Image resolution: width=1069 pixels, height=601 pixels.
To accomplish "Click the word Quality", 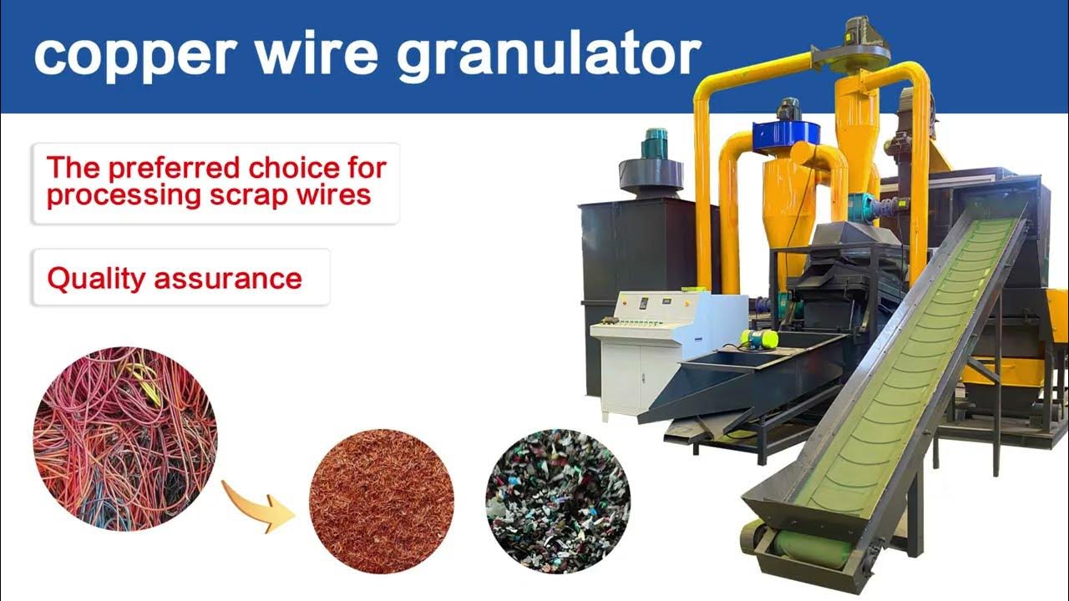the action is [96, 280].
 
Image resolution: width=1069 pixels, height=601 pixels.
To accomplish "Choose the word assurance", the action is [228, 280].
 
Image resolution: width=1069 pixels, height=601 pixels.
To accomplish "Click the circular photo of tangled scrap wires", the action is [125, 439].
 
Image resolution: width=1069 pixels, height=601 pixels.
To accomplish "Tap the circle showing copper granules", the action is [382, 501].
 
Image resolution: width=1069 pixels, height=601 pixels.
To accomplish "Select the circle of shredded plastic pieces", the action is [558, 501].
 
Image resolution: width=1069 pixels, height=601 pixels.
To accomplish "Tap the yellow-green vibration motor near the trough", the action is [759, 339].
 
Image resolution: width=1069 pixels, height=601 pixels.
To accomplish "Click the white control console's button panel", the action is [640, 324].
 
